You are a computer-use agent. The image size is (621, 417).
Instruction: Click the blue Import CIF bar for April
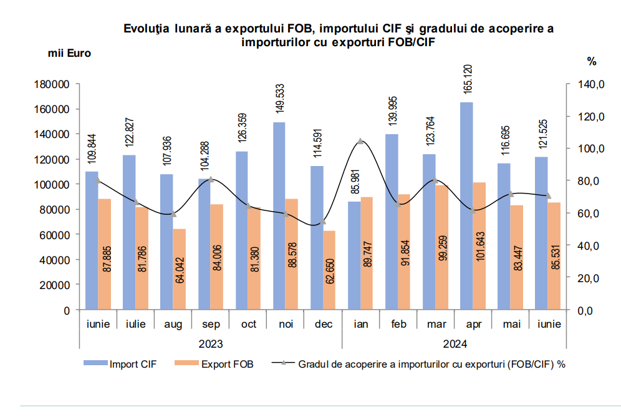tap(466, 206)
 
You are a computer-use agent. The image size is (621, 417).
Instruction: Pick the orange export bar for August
tap(180, 269)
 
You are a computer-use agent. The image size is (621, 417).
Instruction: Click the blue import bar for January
tap(354, 255)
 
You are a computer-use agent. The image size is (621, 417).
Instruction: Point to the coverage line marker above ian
tap(360, 142)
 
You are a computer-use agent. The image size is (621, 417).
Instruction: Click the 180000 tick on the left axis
tap(52, 84)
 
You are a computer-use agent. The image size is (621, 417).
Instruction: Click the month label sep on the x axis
tap(210, 325)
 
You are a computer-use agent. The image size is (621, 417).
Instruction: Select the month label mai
tap(510, 325)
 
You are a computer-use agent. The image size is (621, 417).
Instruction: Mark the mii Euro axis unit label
tap(69, 53)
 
